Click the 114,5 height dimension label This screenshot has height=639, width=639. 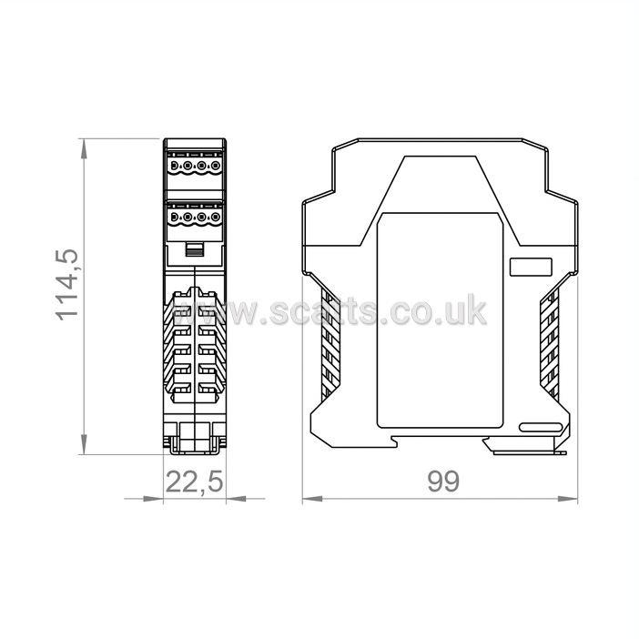click(x=66, y=284)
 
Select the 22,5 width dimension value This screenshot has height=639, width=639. click(x=195, y=482)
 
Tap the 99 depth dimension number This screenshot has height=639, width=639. click(x=443, y=481)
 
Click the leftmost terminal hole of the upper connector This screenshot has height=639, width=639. click(x=174, y=166)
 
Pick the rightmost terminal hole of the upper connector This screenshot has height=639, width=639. click(x=216, y=166)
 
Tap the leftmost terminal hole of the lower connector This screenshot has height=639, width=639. click(x=174, y=218)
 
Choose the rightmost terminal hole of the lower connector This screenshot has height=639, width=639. click(x=216, y=218)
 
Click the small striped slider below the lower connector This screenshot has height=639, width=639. click(x=195, y=249)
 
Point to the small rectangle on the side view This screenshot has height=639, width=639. click(x=531, y=267)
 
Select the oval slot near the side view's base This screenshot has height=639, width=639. click(x=541, y=427)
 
